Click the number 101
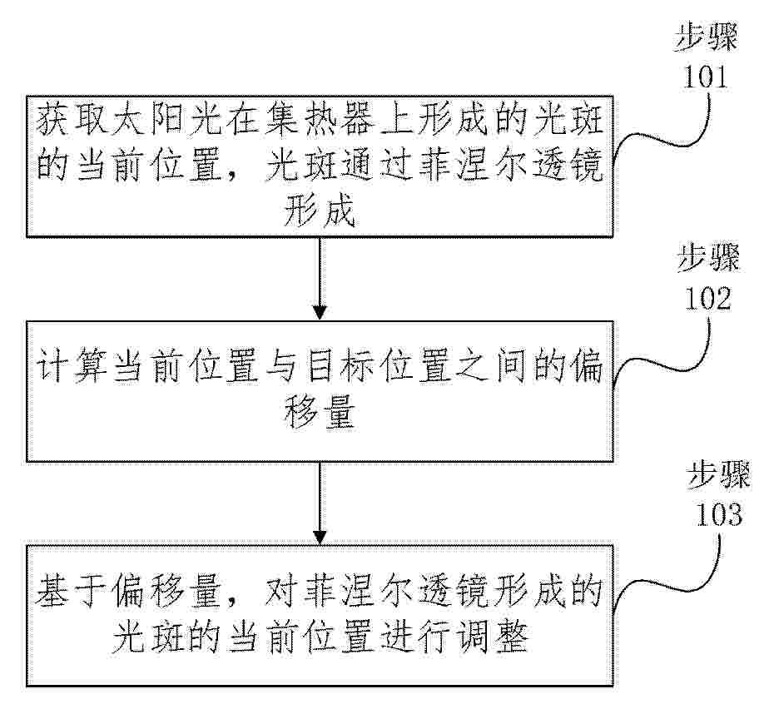point(705,77)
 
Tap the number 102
point(707,298)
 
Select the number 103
point(719,514)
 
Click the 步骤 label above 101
point(707,37)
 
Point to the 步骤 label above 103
point(718,476)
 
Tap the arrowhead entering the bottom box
point(320,538)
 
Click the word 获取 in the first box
point(72,119)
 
